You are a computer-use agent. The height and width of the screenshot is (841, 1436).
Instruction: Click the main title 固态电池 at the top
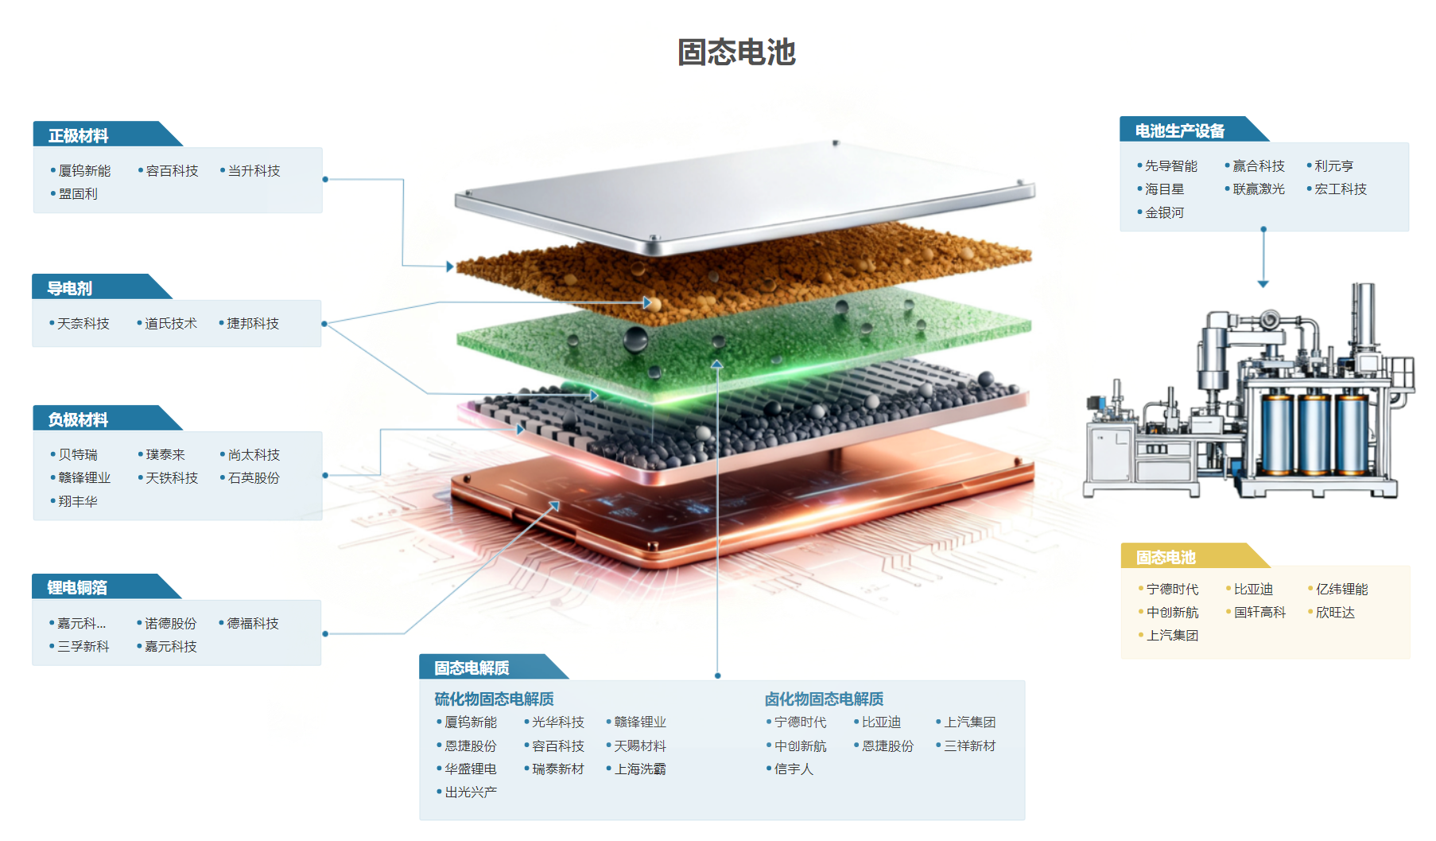pos(736,53)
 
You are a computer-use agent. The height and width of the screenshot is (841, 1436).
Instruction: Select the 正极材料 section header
pos(78,136)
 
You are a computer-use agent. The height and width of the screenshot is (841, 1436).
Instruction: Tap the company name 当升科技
pos(254,171)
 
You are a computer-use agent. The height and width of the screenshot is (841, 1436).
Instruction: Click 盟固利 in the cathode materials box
pos(78,194)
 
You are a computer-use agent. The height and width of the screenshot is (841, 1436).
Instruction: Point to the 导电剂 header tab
pos(70,289)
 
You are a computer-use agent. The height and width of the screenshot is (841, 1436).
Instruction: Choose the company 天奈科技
pos(83,324)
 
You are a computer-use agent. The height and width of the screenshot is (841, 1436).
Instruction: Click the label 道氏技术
pos(170,324)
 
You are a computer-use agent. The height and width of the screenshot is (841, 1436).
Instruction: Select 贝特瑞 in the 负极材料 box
pos(78,455)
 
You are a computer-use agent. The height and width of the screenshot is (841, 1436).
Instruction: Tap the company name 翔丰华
pos(78,501)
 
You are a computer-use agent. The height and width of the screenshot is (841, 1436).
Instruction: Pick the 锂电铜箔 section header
pos(77,588)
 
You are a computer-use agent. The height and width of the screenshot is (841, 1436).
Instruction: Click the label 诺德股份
pos(170,624)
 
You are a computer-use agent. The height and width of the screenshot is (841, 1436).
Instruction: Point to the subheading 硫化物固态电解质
pos(494,699)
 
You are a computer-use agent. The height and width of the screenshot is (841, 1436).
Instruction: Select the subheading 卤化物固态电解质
pos(824,699)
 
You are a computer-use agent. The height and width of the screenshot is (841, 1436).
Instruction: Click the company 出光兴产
pos(471,792)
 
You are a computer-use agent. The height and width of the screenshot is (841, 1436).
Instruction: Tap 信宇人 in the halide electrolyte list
pos(794,769)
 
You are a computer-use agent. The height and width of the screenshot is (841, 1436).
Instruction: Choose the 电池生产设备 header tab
pos(1179,131)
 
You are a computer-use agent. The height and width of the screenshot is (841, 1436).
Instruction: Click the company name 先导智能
pos(1170,166)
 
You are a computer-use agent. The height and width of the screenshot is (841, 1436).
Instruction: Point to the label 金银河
pos(1164,213)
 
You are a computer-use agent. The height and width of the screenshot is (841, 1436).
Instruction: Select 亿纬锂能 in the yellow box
pos(1341,590)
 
